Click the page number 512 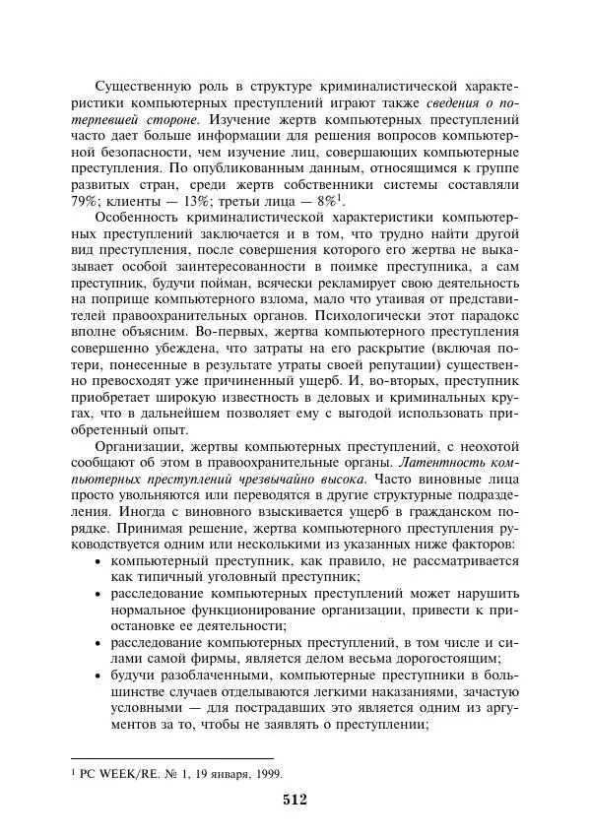[295, 800]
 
